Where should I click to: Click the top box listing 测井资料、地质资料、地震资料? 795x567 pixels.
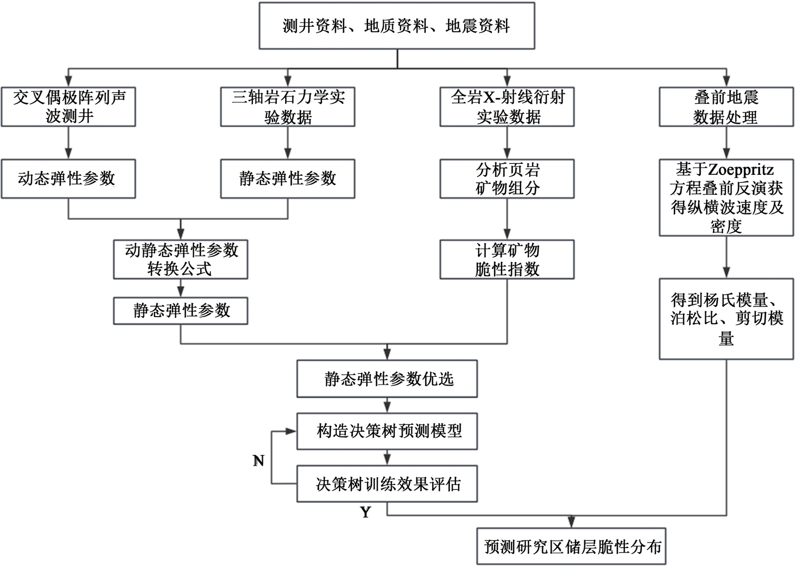point(397,26)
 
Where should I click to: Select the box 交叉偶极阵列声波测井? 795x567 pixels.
point(68,107)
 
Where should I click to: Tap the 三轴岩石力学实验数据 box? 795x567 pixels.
point(288,107)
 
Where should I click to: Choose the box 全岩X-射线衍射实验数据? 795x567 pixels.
point(507,107)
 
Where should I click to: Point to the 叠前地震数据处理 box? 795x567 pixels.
point(726,107)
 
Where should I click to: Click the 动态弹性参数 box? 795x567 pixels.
point(68,179)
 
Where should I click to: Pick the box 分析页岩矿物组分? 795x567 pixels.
point(507,179)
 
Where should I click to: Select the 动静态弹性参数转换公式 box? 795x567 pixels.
point(180,259)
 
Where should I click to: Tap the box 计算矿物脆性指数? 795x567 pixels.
point(507,259)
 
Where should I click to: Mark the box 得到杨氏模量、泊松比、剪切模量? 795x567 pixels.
point(726,319)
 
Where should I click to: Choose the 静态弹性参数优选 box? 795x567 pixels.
point(387,379)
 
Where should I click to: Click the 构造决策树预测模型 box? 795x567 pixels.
point(387,431)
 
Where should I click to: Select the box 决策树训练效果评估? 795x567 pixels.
point(387,484)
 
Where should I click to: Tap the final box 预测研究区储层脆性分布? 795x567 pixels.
point(571,547)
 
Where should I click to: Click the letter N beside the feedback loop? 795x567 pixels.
point(258,461)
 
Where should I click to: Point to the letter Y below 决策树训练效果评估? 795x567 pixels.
point(366,512)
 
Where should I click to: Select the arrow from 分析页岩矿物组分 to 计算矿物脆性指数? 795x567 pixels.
point(507,219)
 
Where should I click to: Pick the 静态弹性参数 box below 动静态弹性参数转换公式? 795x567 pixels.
point(180,311)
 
